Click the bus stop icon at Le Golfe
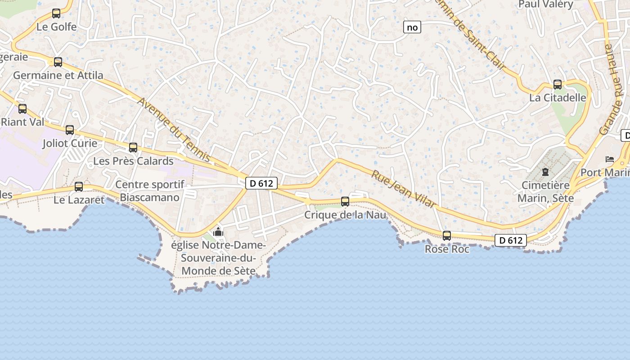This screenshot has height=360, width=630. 56,13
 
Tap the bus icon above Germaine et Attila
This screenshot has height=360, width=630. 58,62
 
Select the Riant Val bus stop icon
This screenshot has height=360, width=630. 22,108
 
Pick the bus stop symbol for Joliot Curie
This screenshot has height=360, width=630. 70,130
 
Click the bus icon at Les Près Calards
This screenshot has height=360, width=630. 133,148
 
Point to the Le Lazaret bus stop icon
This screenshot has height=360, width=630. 79,187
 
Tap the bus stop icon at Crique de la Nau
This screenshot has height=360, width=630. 345,202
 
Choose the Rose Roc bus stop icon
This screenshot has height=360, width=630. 447,236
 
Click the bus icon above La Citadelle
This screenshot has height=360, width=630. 558,85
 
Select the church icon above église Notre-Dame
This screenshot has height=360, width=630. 218,232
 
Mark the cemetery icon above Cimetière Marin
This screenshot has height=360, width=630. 545,171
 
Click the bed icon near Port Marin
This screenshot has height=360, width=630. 610,159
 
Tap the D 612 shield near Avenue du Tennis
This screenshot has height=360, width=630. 261,183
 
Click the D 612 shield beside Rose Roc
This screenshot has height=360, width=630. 511,240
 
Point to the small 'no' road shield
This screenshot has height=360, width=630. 412,27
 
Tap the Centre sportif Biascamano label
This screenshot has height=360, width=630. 150,191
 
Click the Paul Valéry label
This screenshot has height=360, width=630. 546,4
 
